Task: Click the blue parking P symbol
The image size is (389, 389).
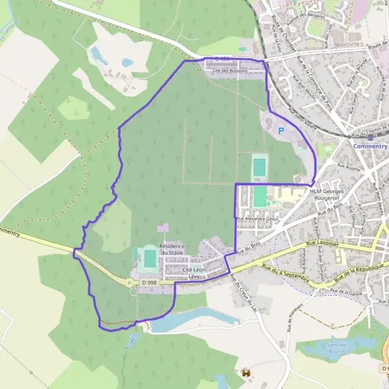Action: (x=281, y=130)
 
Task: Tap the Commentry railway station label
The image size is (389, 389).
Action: (x=370, y=146)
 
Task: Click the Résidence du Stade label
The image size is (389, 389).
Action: (x=172, y=250)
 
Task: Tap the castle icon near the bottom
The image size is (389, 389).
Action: (x=246, y=374)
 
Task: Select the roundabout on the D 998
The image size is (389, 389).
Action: (x=123, y=281)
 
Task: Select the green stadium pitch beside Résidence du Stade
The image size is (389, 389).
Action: (x=150, y=259)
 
